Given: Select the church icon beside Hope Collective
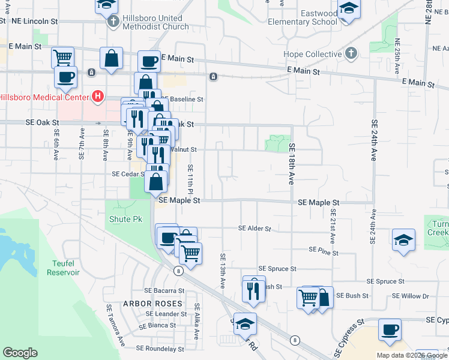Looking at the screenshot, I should [x=352, y=54].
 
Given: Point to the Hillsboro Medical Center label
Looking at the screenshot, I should [x=43, y=97].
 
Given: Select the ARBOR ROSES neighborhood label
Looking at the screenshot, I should [x=152, y=304].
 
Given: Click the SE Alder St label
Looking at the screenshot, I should [x=255, y=229].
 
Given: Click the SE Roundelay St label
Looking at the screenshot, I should [x=160, y=348].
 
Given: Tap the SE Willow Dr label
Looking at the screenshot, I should [x=411, y=296].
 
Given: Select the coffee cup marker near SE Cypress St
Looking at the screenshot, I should [x=390, y=329].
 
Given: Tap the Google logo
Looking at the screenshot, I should [x=20, y=353].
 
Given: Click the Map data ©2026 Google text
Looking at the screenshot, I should [x=411, y=355].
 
